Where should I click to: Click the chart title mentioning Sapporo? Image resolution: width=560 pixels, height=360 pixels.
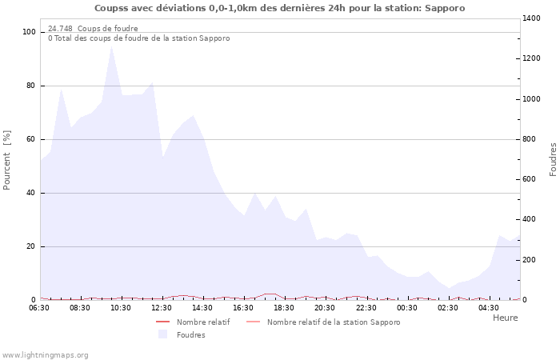click(x=279, y=8)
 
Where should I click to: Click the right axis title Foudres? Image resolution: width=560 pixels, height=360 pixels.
click(x=553, y=159)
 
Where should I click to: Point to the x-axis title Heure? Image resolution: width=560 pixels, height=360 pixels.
click(x=505, y=318)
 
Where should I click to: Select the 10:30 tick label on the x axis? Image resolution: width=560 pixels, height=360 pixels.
click(x=121, y=308)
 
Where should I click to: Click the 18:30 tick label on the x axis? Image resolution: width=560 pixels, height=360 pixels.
click(x=284, y=308)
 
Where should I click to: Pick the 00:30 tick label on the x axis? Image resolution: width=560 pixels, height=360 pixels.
click(x=407, y=308)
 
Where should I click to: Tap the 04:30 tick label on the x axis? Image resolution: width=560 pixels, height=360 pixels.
click(x=489, y=308)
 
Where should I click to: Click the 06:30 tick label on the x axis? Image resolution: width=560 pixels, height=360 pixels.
click(x=39, y=308)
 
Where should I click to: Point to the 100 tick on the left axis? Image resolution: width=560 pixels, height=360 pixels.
click(x=30, y=32)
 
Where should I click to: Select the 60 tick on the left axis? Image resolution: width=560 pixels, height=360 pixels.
click(x=32, y=139)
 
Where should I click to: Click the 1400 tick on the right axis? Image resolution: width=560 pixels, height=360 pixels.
click(x=534, y=18)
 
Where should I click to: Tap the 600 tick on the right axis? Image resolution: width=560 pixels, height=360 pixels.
click(x=531, y=179)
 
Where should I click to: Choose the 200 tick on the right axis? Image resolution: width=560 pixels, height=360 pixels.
click(x=531, y=260)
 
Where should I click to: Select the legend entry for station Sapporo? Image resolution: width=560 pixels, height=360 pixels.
click(x=333, y=322)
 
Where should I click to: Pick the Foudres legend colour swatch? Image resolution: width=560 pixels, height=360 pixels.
click(x=162, y=334)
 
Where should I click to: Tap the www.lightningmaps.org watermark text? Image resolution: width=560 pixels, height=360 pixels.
click(x=45, y=354)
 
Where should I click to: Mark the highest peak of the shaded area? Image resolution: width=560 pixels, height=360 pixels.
click(x=111, y=46)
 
